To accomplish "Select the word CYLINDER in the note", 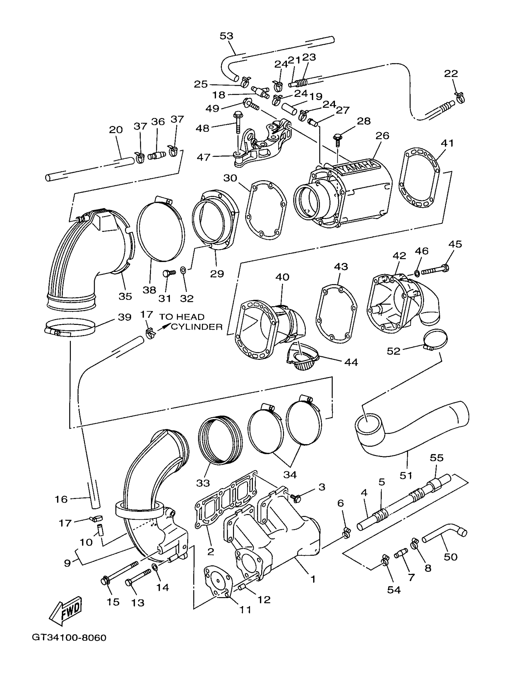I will (x=197, y=327).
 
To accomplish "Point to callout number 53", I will (x=226, y=36).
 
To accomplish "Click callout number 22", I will (x=451, y=73).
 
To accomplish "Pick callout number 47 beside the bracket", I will (x=203, y=157).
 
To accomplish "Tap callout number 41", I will (x=447, y=143).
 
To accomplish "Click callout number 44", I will (x=351, y=362).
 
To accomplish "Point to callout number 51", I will (x=406, y=475).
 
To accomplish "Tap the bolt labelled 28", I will (x=337, y=138).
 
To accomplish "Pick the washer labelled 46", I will (x=417, y=272).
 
